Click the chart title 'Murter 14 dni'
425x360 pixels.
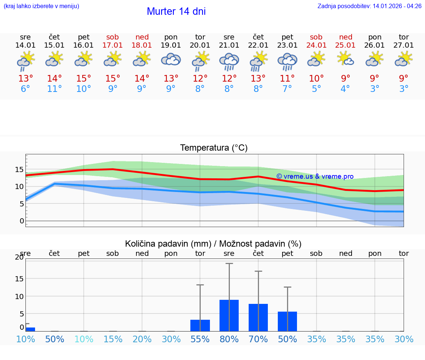tap(176, 11)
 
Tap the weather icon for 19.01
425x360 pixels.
tap(171, 59)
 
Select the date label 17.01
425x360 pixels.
tap(113, 45)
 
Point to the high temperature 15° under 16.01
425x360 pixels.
tap(84, 79)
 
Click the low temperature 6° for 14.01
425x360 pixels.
tap(25, 89)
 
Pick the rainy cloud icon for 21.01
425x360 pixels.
tap(229, 61)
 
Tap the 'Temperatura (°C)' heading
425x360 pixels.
tap(214, 148)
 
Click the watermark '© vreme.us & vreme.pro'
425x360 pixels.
tap(315, 176)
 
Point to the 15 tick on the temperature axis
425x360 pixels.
tap(19, 169)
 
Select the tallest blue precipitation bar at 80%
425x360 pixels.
tap(229, 315)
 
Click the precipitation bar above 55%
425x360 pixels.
tap(200, 325)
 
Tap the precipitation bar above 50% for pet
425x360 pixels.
tap(287, 321)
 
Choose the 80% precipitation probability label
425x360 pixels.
tap(229, 339)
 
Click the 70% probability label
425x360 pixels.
tap(258, 339)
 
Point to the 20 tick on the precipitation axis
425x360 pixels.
tap(19, 257)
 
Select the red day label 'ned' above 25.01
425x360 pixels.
tap(346, 37)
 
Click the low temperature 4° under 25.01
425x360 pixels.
tap(346, 89)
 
